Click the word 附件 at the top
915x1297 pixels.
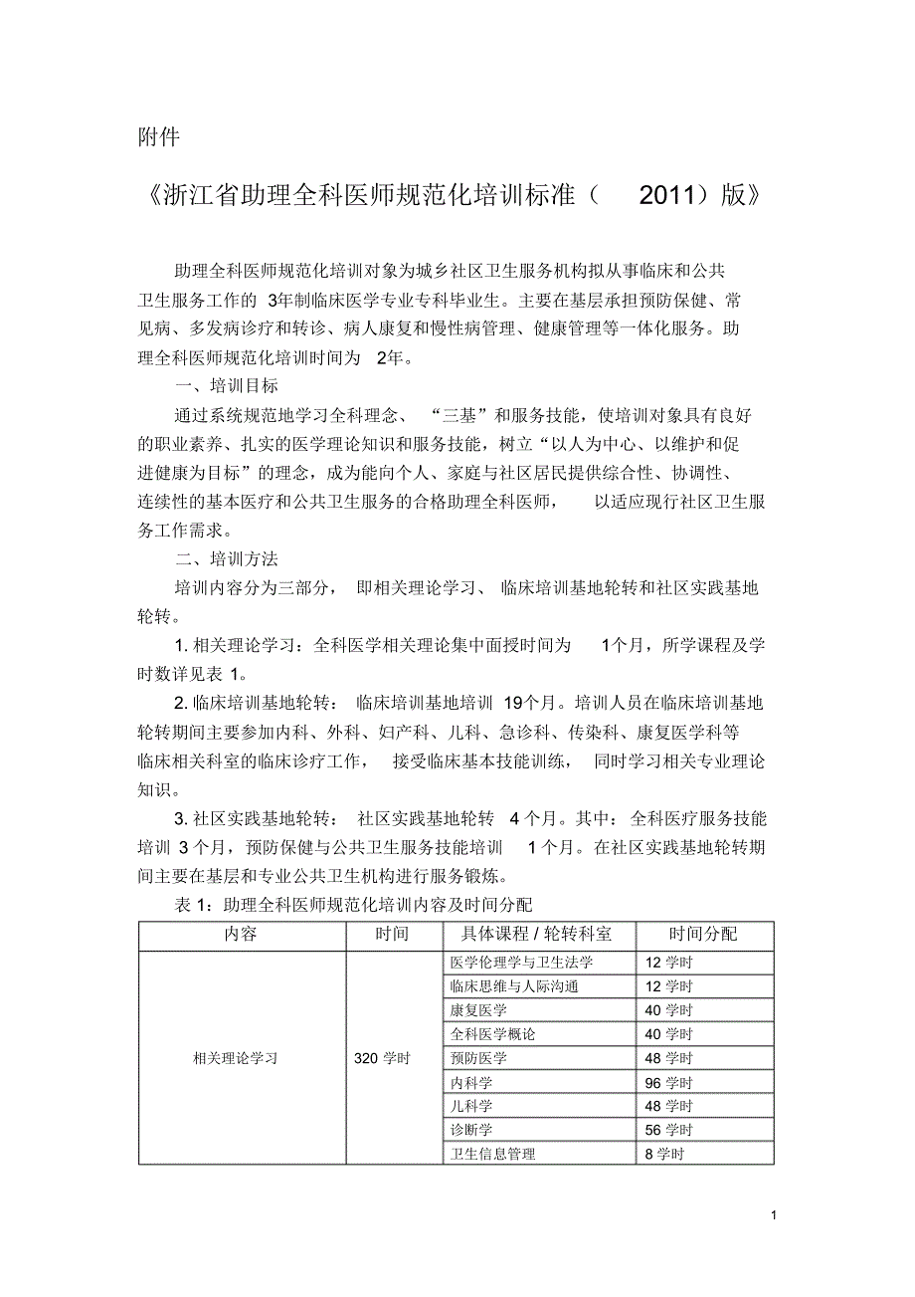click(158, 138)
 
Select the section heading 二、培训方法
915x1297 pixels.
click(227, 559)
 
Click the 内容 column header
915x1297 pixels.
click(241, 935)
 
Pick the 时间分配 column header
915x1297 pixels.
click(703, 935)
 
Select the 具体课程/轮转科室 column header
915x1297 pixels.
click(536, 935)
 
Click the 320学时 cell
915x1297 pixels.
click(382, 1058)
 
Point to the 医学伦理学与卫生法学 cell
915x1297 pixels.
click(521, 963)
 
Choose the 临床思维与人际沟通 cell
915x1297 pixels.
click(514, 986)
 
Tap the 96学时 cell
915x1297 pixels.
click(668, 1082)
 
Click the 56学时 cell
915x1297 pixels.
click(668, 1130)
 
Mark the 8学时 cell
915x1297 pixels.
click(664, 1154)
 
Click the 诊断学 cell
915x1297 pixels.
click(471, 1130)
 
